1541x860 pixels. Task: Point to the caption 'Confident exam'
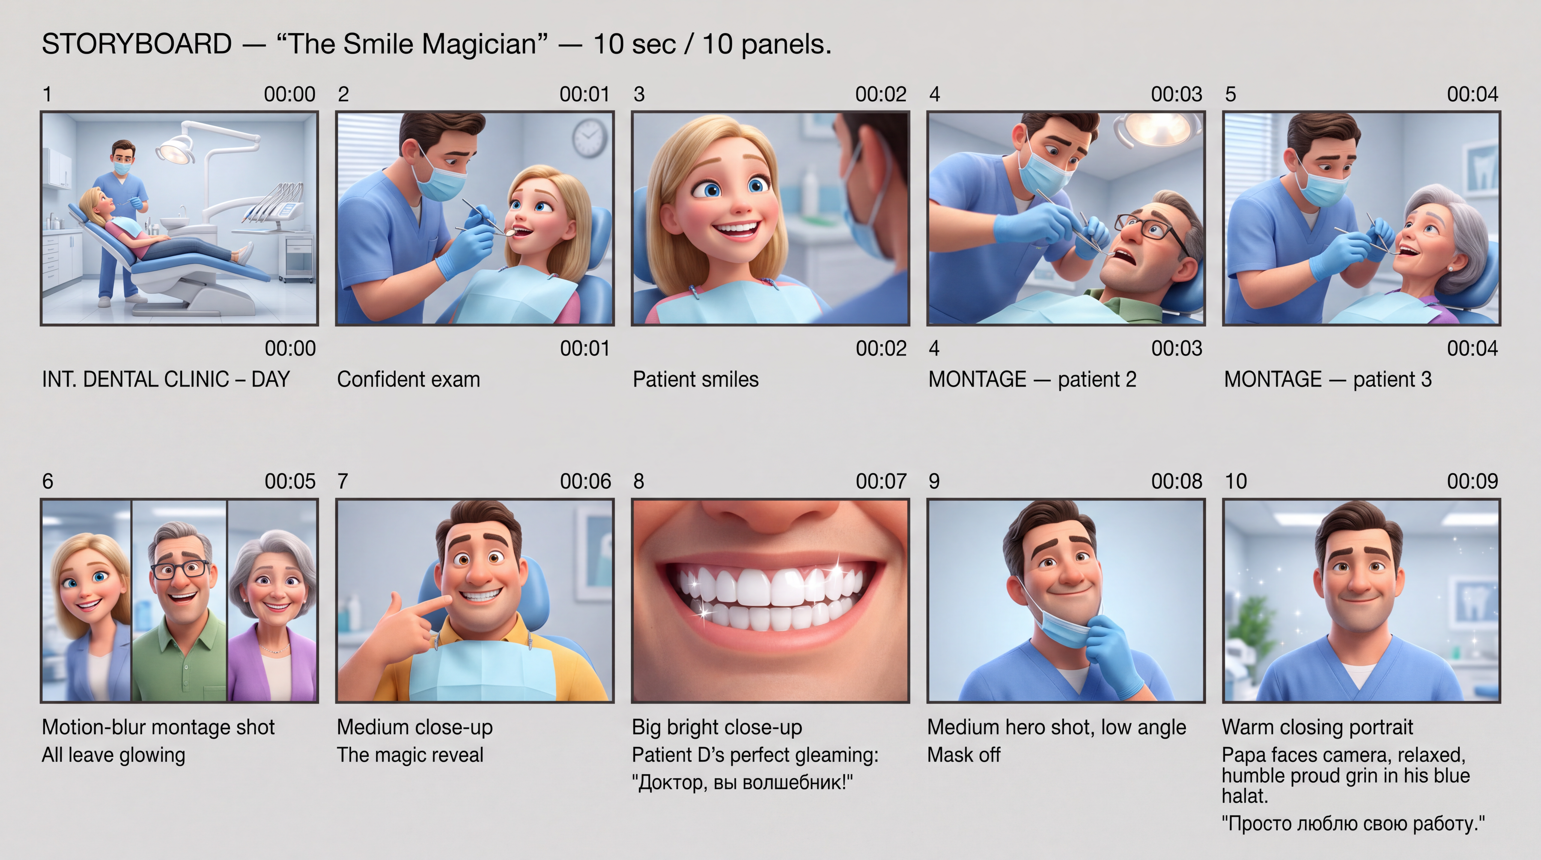pyautogui.click(x=408, y=379)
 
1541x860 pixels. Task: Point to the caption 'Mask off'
pyautogui.click(x=964, y=755)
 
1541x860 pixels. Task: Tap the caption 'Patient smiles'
pyautogui.click(x=696, y=379)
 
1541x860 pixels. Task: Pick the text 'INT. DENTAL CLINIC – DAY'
pyautogui.click(x=166, y=379)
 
